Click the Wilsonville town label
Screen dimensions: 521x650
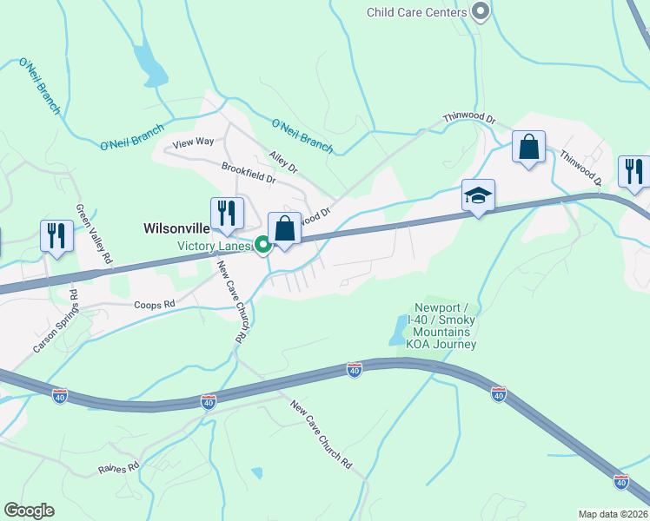[176, 228]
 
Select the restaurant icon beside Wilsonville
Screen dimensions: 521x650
[227, 214]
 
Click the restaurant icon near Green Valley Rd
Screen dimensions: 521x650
[57, 237]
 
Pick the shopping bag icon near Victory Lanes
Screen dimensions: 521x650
[284, 230]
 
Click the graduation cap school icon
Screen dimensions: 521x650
[478, 197]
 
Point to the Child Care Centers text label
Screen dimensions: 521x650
[417, 12]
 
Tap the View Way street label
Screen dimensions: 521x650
[193, 142]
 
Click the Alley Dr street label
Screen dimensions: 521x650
[283, 161]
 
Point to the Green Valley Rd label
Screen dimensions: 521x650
[94, 234]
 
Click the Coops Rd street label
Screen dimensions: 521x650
[155, 305]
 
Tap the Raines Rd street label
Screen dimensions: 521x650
[119, 467]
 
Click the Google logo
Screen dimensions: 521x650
[29, 511]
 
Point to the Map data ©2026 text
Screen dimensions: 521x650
[613, 514]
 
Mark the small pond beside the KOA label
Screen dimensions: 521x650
[397, 330]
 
